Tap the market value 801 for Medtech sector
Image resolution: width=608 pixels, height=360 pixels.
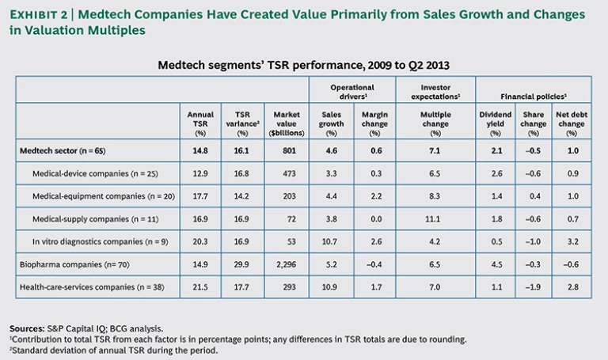285,149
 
